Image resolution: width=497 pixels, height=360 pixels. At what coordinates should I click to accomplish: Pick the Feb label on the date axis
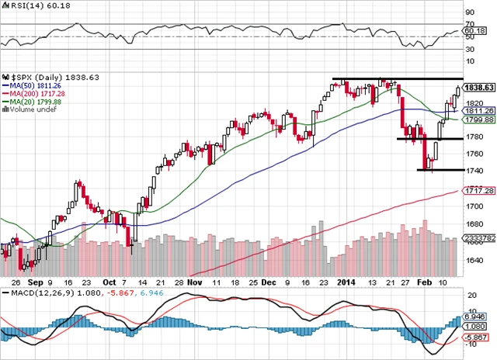[419, 284]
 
